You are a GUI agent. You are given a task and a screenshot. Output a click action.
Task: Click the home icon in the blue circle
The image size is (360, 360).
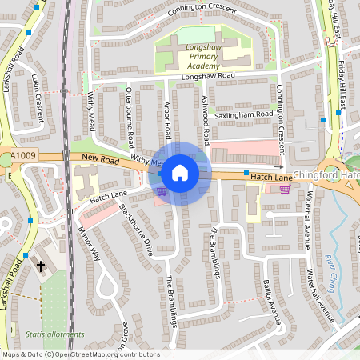click(180, 172)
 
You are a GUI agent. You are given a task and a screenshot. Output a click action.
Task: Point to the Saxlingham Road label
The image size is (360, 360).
click(245, 114)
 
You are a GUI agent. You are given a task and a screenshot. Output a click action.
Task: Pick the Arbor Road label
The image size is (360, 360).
click(167, 118)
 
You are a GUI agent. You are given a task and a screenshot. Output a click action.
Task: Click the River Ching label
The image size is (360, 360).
click(330, 274)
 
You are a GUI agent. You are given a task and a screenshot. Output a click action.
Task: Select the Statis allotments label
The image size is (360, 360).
click(54, 334)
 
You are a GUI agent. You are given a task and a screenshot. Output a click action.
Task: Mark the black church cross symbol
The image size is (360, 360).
click(40, 265)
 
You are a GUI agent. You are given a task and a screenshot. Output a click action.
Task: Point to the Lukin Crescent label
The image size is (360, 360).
click(38, 99)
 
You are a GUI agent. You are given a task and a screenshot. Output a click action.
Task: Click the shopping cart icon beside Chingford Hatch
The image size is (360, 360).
click(285, 190)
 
